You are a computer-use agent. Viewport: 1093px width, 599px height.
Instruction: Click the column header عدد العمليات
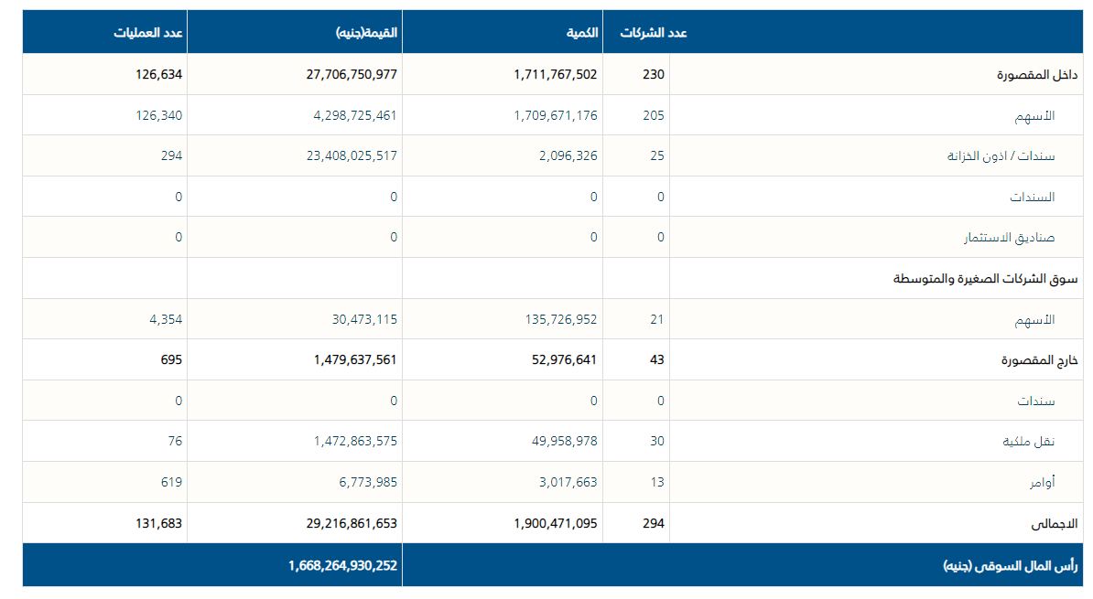148,33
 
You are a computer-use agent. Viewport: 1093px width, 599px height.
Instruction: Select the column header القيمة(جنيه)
366,33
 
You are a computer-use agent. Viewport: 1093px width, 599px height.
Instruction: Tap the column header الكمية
582,33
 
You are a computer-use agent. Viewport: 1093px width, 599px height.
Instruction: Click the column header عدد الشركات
654,33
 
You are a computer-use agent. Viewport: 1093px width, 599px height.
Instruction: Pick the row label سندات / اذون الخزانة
1001,156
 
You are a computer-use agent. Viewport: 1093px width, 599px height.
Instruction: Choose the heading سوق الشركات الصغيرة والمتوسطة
974,279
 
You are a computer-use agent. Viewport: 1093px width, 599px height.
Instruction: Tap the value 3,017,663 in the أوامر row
568,482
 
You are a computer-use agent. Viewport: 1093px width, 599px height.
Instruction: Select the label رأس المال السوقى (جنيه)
999,566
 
